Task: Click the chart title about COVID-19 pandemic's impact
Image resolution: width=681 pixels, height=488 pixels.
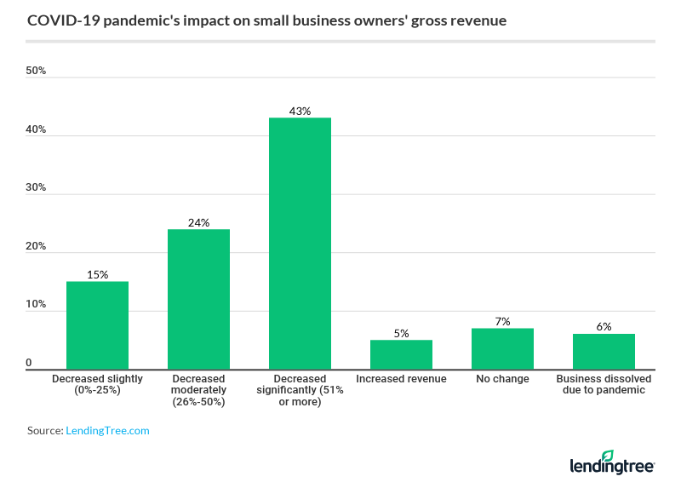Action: pos(266,20)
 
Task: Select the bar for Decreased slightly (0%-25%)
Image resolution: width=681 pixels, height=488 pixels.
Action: pos(97,324)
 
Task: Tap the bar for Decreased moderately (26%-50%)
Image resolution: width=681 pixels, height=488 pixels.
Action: pos(198,298)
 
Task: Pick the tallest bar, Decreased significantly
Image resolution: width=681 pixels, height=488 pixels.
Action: pos(300,243)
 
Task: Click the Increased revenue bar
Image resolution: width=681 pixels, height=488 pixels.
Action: pos(401,354)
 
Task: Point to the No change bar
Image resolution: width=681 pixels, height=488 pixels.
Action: pos(502,348)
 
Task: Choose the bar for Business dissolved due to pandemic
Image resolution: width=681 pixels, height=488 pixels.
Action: pos(604,351)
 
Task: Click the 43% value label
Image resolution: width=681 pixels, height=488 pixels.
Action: pos(300,111)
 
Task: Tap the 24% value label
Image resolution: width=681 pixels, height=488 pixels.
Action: pos(198,222)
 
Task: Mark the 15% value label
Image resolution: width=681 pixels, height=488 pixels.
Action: pos(97,274)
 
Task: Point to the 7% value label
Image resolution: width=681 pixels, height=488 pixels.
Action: pos(502,321)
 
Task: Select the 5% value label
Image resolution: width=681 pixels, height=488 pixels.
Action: pos(401,333)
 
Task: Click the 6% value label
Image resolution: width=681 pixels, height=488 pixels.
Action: pos(604,327)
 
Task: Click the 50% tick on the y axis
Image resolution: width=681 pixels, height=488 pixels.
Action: pos(36,71)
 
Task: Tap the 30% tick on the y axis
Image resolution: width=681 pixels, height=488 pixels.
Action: pos(36,187)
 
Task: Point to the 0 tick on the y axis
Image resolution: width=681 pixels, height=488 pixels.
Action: pos(29,363)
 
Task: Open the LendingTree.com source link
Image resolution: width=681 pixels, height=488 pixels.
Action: pos(107,431)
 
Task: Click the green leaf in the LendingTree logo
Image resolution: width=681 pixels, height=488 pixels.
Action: pos(631,456)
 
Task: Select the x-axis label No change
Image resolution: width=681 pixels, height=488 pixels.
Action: pos(502,379)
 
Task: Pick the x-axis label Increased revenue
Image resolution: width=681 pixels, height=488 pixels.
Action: pos(401,379)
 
